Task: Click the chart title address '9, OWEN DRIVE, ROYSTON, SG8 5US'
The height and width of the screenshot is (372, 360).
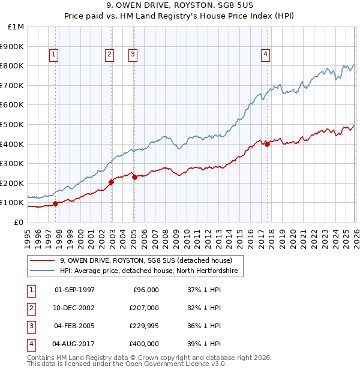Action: (179, 7)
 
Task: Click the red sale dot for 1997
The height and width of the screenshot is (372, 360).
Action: (55, 203)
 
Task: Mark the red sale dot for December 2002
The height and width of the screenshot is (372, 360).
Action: (112, 182)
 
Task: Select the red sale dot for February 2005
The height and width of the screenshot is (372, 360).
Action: (134, 177)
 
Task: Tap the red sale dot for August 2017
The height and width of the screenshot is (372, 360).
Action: (267, 144)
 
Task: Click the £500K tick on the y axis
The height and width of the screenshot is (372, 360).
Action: (13, 124)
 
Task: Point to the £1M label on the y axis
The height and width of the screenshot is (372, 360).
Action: (16, 27)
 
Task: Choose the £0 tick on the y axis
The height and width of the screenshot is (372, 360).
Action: (19, 222)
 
